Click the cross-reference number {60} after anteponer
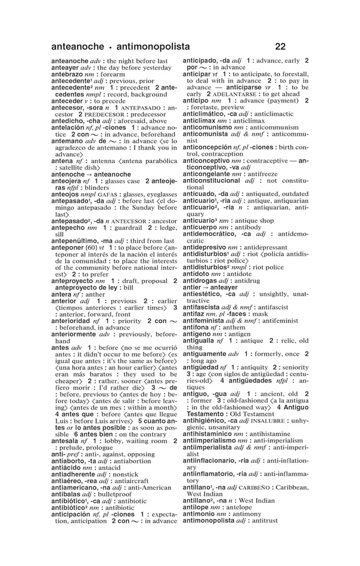click(x=92, y=247)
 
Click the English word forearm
click(x=110, y=74)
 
